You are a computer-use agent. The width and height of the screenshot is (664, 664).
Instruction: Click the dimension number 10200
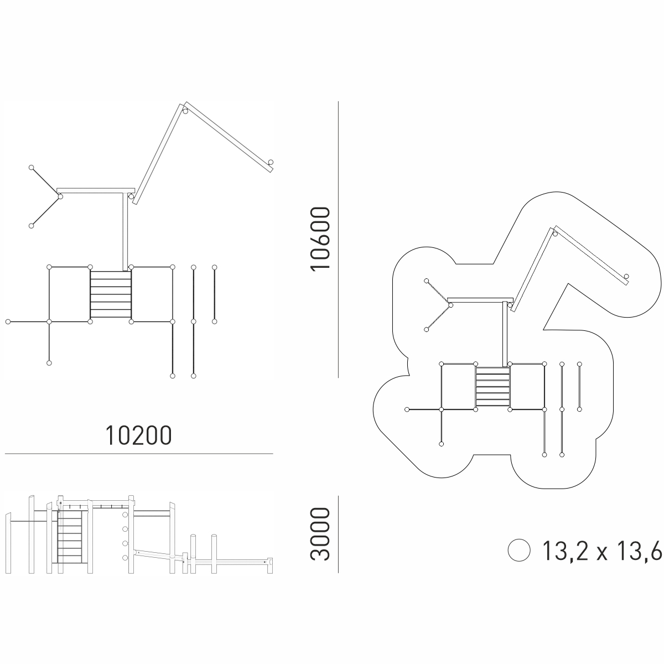[138, 435]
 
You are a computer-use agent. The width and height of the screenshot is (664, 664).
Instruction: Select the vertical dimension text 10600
[320, 239]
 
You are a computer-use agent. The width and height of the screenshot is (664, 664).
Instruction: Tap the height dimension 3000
[320, 538]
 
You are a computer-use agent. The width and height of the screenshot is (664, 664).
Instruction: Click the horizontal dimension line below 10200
[139, 454]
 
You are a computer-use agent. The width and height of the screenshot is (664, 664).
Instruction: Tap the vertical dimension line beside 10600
[339, 240]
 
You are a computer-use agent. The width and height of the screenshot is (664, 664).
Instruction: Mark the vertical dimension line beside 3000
[339, 535]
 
